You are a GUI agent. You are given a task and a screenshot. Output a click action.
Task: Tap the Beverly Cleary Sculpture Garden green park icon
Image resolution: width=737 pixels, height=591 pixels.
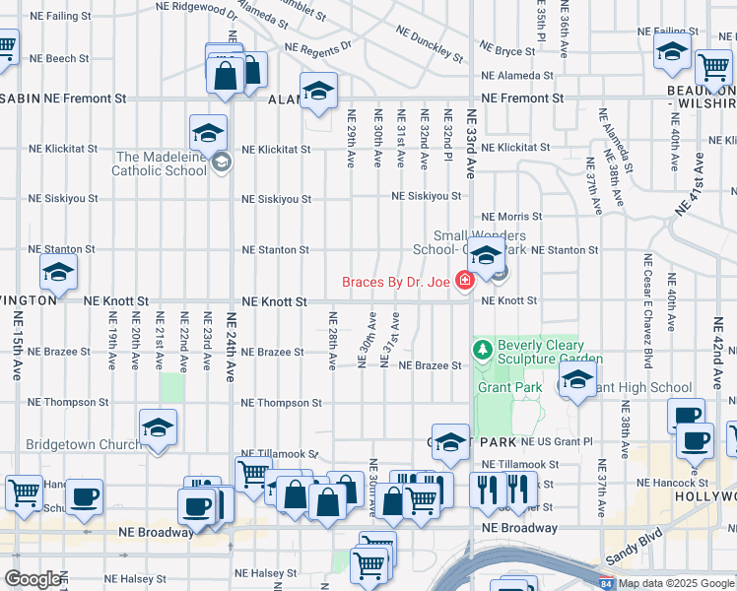pos(483,350)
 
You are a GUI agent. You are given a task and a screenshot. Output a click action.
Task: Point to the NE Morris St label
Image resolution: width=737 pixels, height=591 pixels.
pos(511,217)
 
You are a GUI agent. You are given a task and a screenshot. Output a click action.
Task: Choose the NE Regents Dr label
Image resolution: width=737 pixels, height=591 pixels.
pos(317,47)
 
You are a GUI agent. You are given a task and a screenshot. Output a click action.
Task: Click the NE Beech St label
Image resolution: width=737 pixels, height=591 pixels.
pos(59,59)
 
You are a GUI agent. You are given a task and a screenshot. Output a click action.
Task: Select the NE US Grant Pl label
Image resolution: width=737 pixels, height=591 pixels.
pos(557,441)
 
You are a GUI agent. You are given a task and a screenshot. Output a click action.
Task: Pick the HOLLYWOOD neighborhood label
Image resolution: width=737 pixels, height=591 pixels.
pos(704,497)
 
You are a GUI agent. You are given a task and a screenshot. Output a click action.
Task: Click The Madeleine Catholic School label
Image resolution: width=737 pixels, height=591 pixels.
pos(162,164)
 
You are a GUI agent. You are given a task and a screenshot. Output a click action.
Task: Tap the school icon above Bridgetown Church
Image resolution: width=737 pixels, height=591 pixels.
pos(158,428)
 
